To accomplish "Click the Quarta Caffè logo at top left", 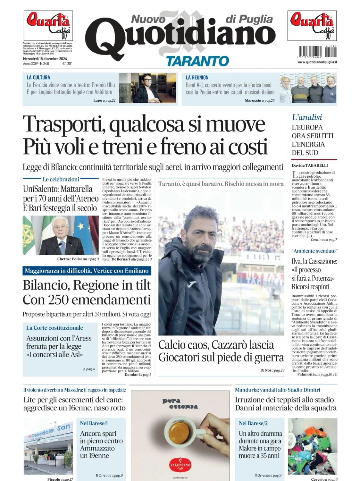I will [x=48, y=25].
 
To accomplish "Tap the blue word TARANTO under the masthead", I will [x=197, y=61].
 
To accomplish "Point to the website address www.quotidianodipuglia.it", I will [x=317, y=62].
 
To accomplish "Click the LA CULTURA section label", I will [x=38, y=77].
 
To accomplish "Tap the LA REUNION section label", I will [x=197, y=77].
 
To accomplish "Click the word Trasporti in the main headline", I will [x=64, y=124].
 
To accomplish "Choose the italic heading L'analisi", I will [x=307, y=117].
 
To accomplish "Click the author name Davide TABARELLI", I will [x=310, y=165].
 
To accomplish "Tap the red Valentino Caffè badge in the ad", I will [x=180, y=465].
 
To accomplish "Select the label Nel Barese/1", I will [x=94, y=423].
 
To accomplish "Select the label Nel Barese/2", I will [x=253, y=423].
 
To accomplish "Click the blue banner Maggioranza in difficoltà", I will [x=87, y=271].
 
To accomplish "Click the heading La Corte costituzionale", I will [x=54, y=328].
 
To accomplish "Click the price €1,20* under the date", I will [x=67, y=64].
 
